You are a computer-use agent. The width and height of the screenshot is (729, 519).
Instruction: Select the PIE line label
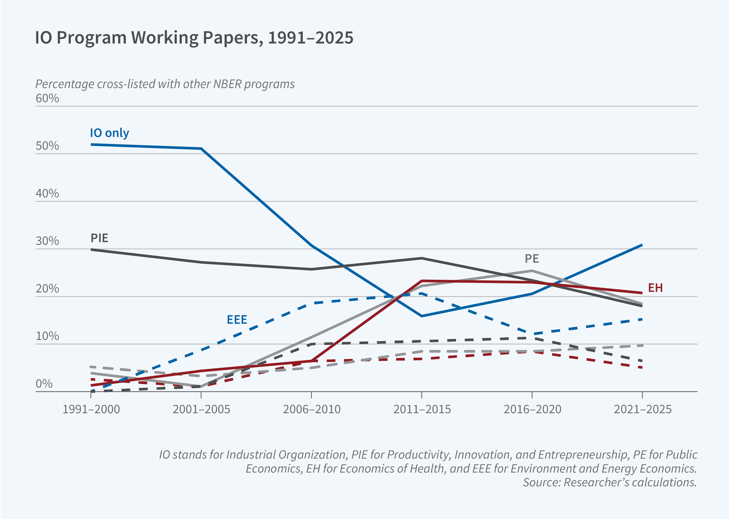pos(99,238)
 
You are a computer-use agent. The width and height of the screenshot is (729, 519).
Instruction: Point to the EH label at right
pos(655,288)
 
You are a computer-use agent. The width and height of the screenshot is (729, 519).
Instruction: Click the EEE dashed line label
pos(237,320)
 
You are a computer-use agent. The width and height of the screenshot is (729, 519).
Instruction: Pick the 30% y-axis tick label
pos(47,241)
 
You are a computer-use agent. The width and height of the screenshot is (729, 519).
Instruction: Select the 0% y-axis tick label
pos(44,383)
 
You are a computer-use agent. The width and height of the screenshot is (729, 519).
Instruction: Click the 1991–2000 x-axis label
pos(91,409)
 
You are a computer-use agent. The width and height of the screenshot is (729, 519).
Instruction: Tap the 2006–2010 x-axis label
pos(312,409)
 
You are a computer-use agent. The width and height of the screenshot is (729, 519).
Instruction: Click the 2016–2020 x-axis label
pos(532,409)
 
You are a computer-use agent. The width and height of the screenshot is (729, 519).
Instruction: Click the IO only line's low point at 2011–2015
pos(422,316)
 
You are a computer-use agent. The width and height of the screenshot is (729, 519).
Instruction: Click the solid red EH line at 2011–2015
pos(422,281)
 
